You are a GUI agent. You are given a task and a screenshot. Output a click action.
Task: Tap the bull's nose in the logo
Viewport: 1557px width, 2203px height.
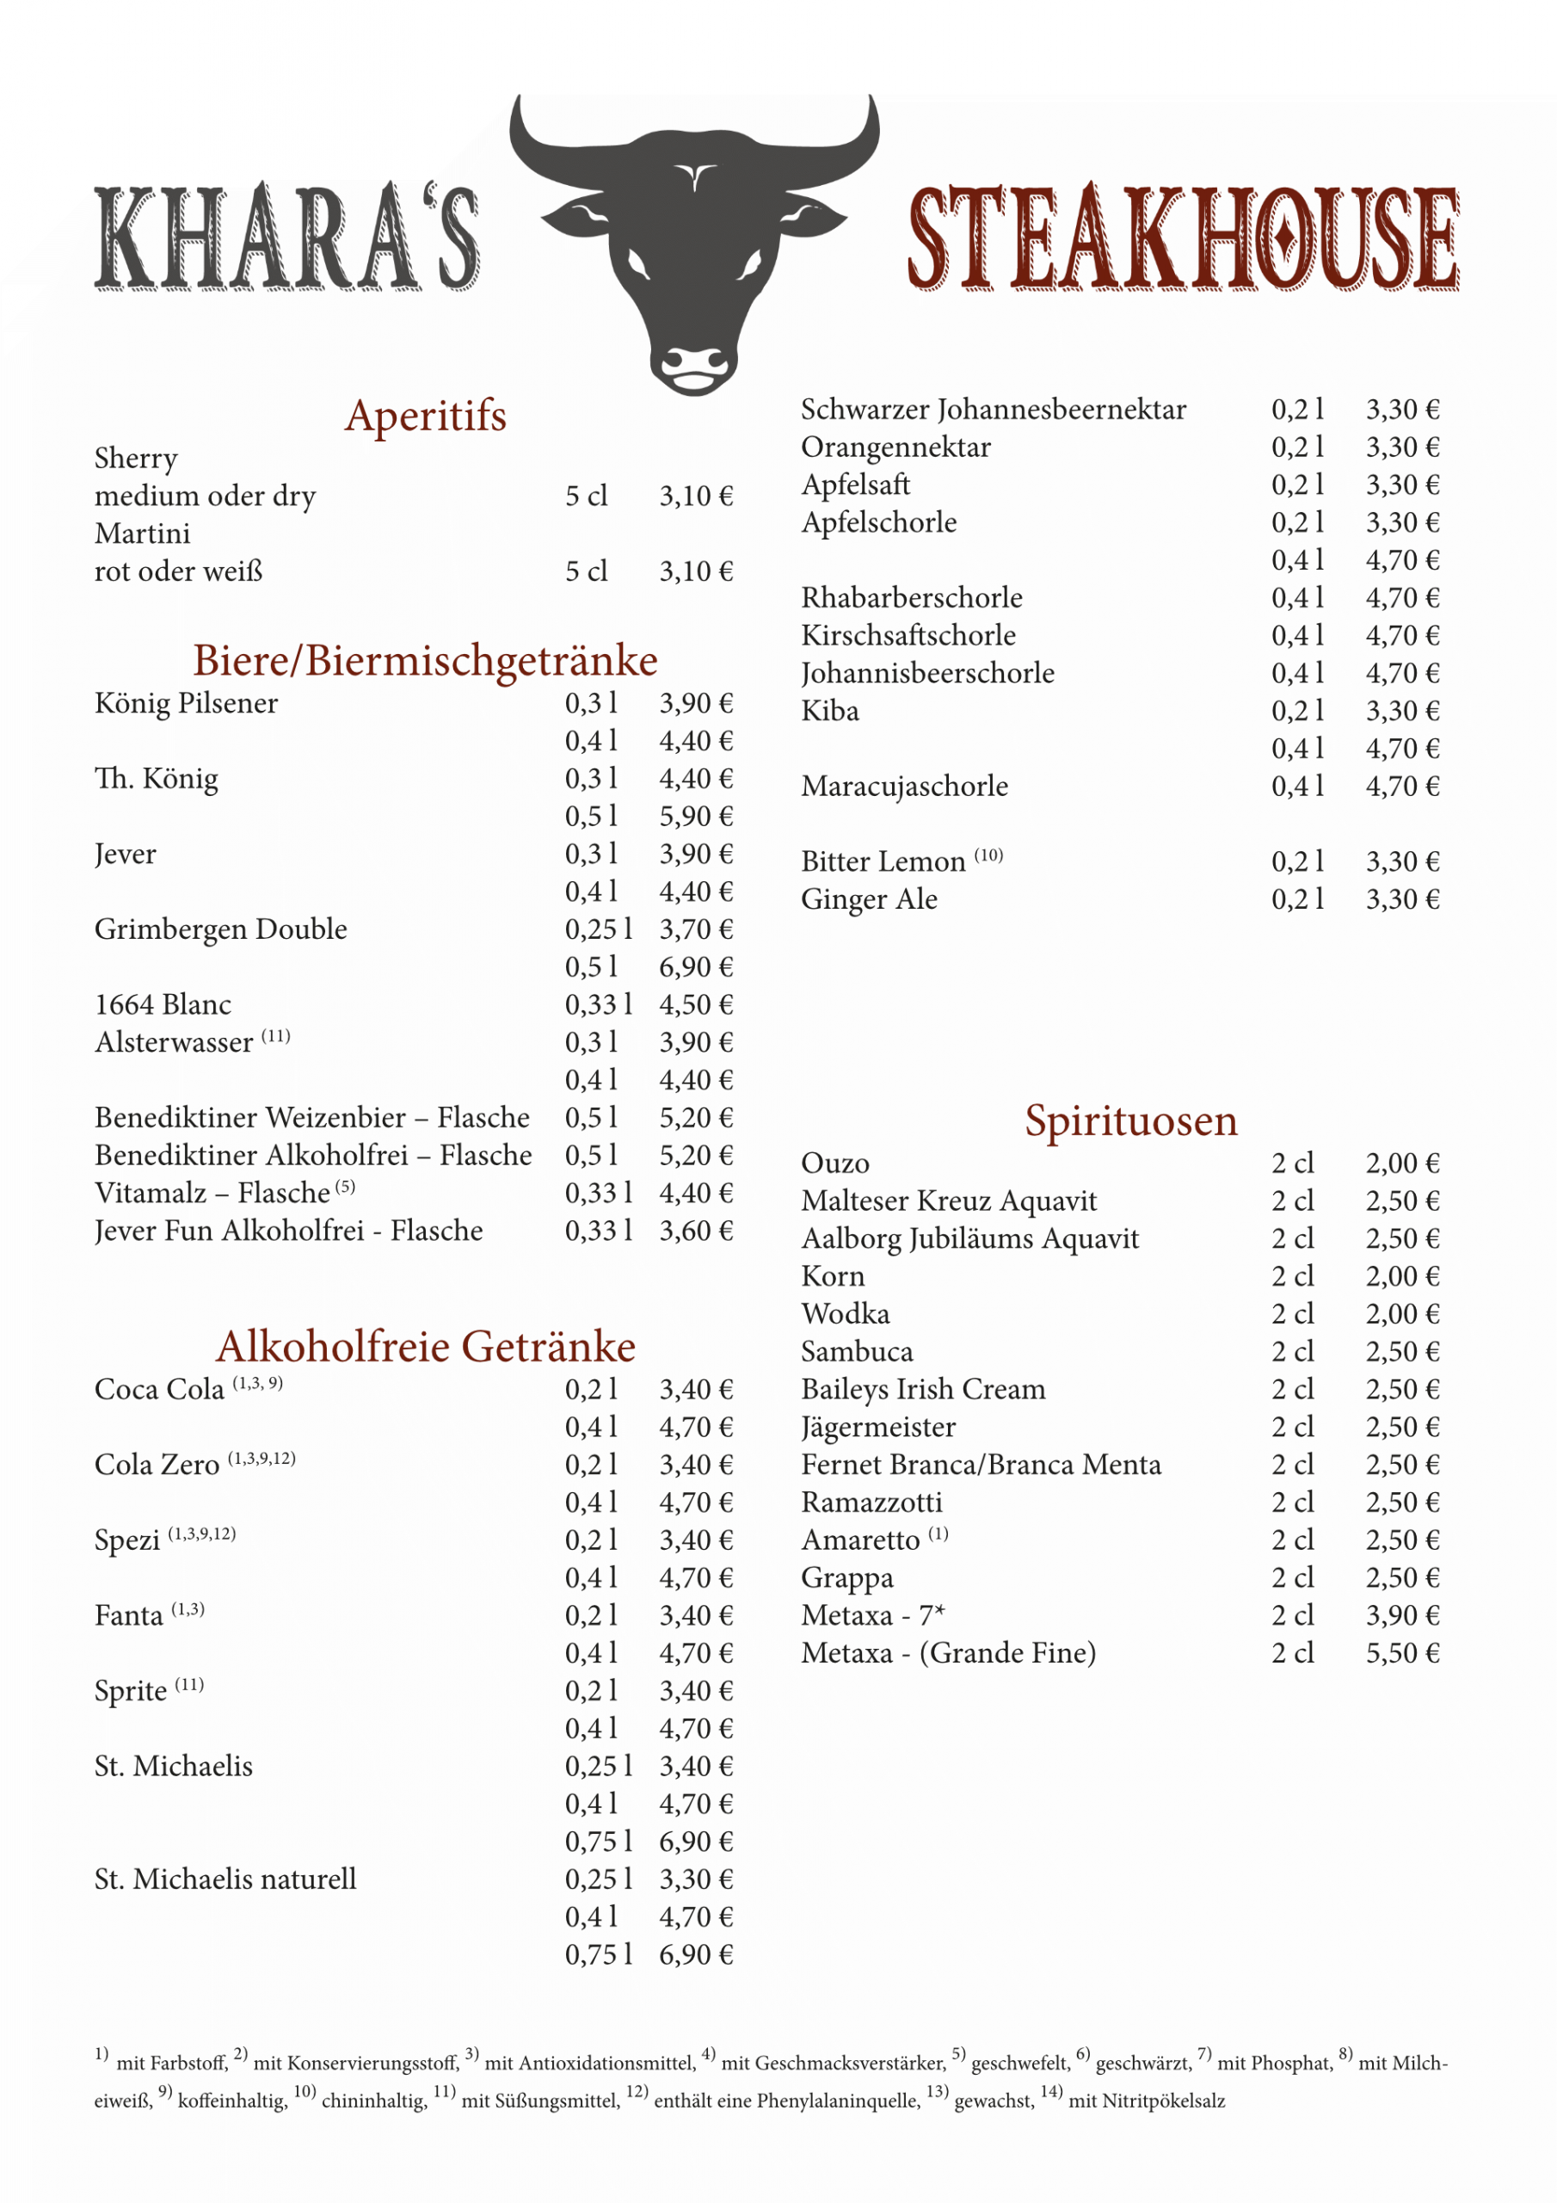(x=694, y=366)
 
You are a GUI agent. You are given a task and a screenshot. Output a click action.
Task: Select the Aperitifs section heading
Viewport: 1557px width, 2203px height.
(x=425, y=417)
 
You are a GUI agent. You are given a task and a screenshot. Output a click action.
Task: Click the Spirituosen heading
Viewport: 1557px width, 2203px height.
(x=1130, y=1120)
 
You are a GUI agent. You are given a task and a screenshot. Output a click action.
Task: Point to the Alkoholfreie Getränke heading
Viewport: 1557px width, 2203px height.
(x=425, y=1346)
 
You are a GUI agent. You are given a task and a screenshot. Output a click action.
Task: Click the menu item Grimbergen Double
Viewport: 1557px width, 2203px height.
(x=221, y=929)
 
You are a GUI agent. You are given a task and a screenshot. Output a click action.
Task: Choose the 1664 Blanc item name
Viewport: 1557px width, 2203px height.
(x=163, y=1004)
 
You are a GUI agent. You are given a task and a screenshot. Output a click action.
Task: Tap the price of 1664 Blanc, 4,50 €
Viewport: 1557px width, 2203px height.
(x=696, y=1004)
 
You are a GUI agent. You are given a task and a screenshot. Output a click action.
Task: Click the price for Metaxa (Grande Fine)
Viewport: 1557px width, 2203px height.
(x=1402, y=1653)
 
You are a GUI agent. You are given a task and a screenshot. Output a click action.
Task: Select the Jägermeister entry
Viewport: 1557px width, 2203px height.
(x=877, y=1427)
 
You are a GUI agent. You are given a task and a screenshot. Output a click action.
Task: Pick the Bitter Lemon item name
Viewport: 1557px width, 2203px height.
(x=883, y=861)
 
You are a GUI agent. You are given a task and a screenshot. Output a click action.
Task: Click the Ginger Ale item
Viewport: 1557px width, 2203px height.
(x=869, y=899)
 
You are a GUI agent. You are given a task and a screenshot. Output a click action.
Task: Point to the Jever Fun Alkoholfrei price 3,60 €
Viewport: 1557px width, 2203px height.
(x=696, y=1230)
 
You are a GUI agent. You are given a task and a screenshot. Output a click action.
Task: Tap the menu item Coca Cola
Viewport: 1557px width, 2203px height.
(x=159, y=1389)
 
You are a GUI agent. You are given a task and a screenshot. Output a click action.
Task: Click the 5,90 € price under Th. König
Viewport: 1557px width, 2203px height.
(x=696, y=817)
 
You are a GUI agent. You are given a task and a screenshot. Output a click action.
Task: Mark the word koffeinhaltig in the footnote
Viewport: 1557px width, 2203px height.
(x=232, y=2101)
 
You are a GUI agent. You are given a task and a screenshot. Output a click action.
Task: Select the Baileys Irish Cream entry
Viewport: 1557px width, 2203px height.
(x=923, y=1389)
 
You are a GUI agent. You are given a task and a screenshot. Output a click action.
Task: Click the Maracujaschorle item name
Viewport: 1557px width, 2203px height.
(x=905, y=786)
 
